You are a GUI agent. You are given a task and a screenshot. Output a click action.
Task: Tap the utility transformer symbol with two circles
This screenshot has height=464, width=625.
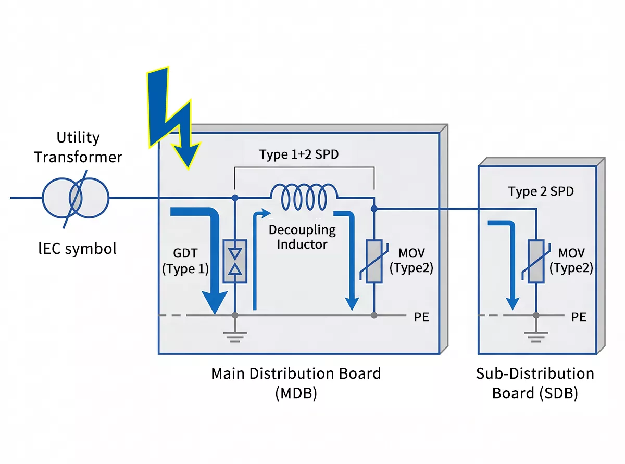coord(76,198)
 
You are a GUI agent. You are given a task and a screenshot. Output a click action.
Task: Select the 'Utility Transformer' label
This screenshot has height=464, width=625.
coord(78,147)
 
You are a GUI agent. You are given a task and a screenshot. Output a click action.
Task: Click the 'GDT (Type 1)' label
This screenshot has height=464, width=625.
coord(185,262)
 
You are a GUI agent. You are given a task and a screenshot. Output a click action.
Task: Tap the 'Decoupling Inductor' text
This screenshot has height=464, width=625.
coord(302,237)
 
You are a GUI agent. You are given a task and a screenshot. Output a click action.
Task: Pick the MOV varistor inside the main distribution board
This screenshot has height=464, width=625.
coord(374,261)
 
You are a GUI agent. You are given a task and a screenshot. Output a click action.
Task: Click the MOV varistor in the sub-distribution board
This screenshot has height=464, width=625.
coord(536,261)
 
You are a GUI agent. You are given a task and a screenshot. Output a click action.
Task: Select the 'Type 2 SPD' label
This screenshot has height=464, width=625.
coord(541,191)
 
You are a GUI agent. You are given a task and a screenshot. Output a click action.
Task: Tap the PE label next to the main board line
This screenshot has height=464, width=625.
coord(421,317)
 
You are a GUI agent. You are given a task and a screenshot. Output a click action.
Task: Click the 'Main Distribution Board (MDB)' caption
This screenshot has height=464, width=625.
coord(296,383)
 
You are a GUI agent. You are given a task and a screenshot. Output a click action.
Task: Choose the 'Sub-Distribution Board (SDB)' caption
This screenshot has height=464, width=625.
coord(535,383)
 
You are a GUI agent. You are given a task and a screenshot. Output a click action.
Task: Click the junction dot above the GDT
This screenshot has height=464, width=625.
coord(235,198)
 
